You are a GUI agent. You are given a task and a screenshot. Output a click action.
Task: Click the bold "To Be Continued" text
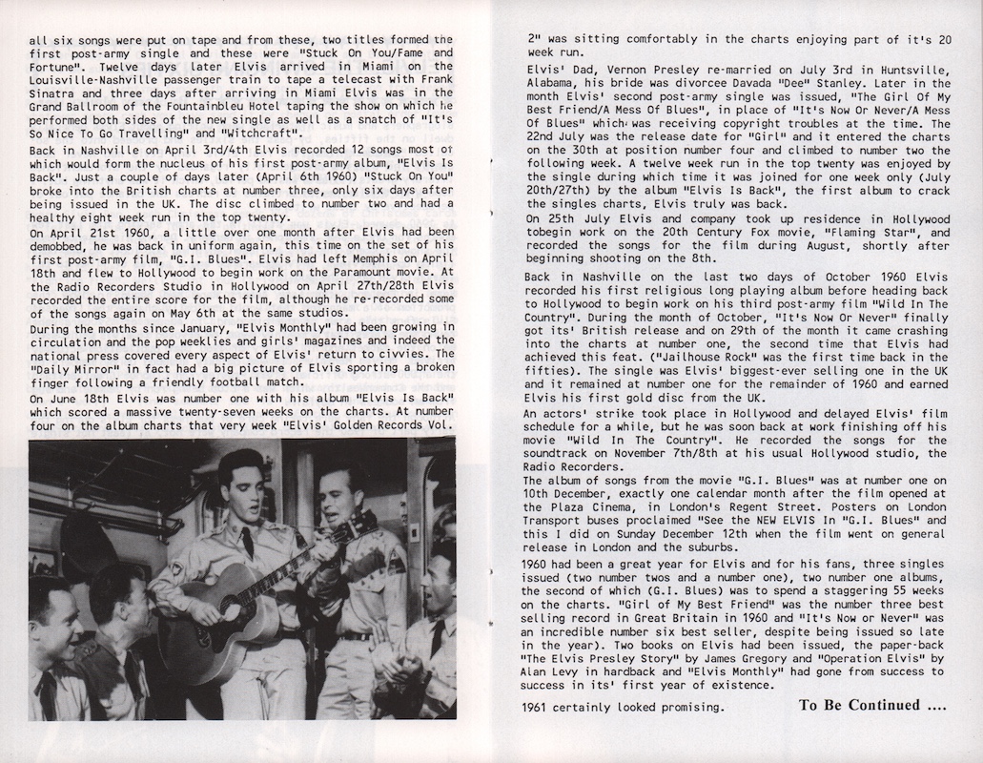[858, 706]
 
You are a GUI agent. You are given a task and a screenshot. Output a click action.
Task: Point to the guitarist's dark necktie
[247, 544]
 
